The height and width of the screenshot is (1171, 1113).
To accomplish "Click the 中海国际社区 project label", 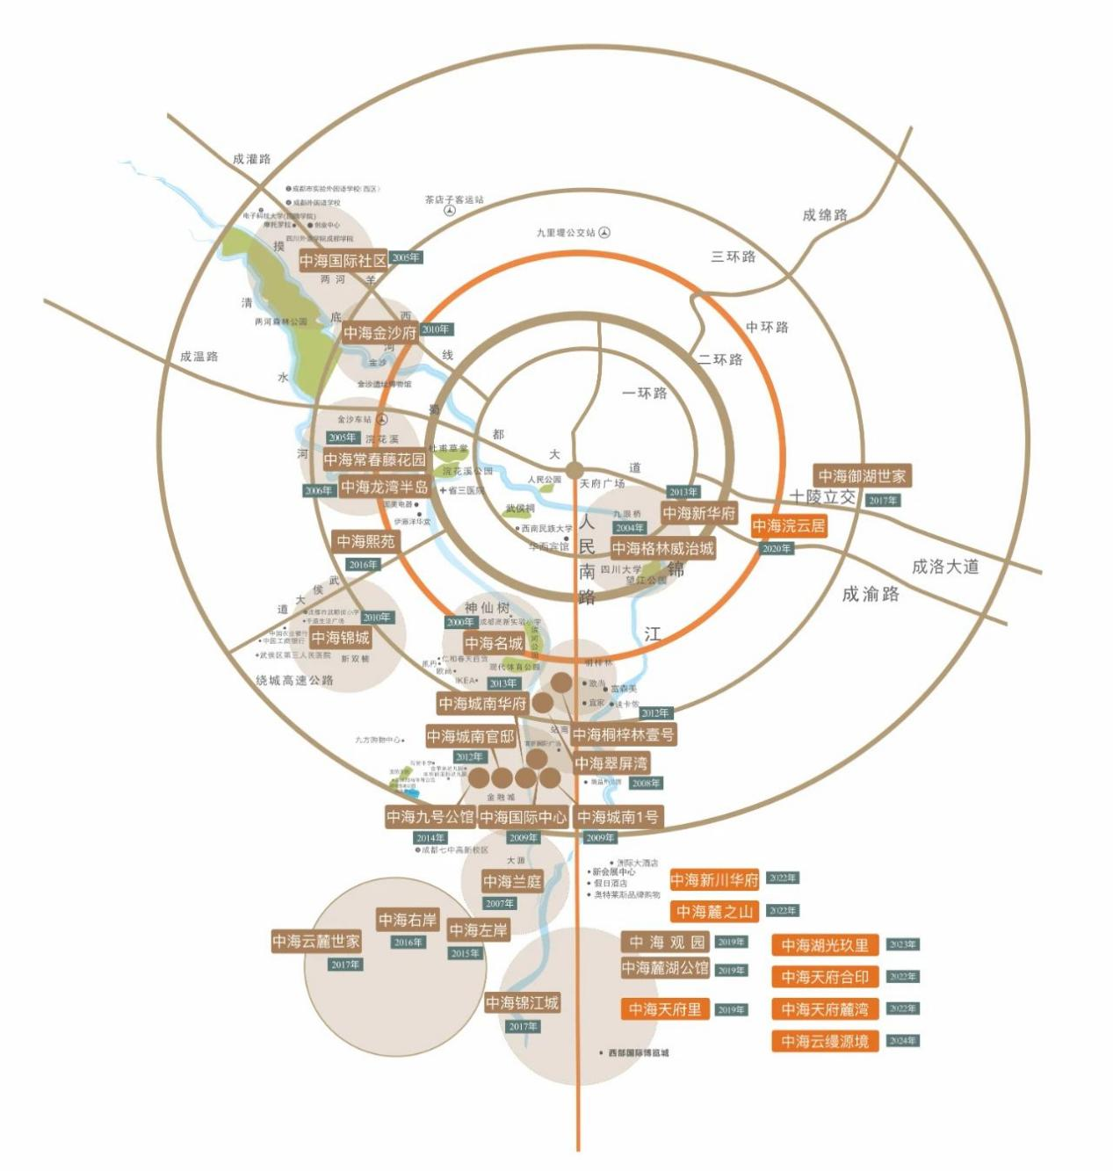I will point(343,261).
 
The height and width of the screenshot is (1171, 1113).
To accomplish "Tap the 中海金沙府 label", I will point(379,333).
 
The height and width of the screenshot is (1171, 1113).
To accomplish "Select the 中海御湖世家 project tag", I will point(862,476).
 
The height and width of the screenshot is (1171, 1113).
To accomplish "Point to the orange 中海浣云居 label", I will point(789,526).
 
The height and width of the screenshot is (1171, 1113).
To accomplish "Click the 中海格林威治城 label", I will point(662,549).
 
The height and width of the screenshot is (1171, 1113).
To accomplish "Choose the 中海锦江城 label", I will point(522,1003).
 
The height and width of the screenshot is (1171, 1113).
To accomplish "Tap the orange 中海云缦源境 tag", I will point(825,1042).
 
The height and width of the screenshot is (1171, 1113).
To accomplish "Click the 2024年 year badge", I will point(902,1041).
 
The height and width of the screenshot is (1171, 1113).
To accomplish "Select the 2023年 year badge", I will point(902,944).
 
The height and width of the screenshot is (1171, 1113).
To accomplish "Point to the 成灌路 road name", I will point(252,159).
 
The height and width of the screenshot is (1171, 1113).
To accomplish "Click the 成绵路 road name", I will point(825,215).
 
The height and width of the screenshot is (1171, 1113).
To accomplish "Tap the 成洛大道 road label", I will point(945,567).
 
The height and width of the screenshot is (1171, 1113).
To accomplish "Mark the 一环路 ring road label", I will point(645,393).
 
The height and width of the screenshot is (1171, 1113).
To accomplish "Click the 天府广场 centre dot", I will point(575,469).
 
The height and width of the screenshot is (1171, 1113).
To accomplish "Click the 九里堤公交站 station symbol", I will point(604,233).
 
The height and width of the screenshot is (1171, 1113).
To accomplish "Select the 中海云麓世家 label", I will point(316,941).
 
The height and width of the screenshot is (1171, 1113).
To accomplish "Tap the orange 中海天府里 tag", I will point(665,1010).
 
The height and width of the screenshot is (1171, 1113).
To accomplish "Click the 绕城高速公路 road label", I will point(294,680).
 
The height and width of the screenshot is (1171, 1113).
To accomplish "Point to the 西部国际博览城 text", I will point(639,1052).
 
